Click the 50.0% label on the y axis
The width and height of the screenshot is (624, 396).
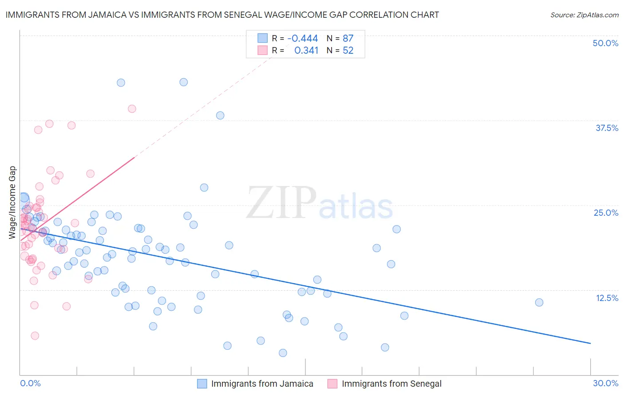[x=605, y=43]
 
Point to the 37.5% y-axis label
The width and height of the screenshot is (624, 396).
[x=607, y=128]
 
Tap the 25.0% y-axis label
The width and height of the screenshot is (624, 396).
[x=606, y=213]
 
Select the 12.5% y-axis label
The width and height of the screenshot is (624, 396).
[x=607, y=298]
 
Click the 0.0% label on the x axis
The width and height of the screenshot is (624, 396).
[x=30, y=383]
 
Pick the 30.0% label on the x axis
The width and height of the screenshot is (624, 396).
[x=605, y=383]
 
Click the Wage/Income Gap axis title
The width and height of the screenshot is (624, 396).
[x=12, y=202]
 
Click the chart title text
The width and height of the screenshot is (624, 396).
[x=222, y=15]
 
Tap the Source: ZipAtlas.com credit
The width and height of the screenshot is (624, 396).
[x=584, y=15]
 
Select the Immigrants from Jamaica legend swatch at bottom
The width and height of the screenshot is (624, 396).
[x=202, y=384]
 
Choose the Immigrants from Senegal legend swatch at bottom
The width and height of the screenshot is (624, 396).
[x=332, y=384]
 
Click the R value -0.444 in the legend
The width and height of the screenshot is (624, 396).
[x=302, y=38]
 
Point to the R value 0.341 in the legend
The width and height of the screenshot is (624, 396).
[x=306, y=50]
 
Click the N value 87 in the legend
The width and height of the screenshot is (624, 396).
[x=348, y=38]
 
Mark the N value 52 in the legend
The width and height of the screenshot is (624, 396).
[x=348, y=50]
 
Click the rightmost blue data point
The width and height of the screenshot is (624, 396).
[x=539, y=302]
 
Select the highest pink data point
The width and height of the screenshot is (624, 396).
[x=132, y=109]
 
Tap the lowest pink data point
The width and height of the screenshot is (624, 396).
[x=35, y=336]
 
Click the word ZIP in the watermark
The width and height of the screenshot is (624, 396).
[x=281, y=202]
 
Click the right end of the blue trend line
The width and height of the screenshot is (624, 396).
[x=590, y=343]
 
